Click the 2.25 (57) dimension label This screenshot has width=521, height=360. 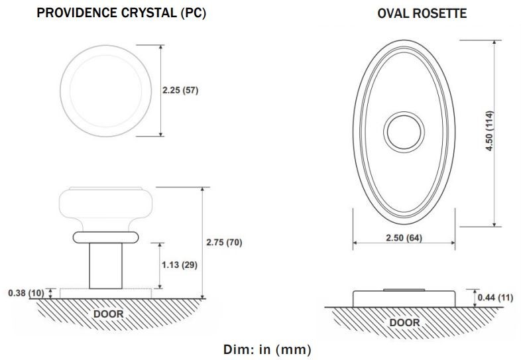point(180,90)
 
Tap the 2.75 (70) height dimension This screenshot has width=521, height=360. point(224,243)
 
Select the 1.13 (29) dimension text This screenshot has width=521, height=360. point(180,265)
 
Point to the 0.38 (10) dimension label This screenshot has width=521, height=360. point(27,293)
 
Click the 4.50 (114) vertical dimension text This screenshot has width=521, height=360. point(489,131)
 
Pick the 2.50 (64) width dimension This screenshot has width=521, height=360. point(404,237)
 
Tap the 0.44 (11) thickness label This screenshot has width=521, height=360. point(495,297)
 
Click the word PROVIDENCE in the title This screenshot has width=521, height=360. point(77,13)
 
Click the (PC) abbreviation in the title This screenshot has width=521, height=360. point(194,13)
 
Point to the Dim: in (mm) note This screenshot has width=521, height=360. point(268,349)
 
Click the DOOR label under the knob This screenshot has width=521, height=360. point(108,314)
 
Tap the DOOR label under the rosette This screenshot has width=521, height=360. point(404,322)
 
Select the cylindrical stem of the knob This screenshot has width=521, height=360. point(105,266)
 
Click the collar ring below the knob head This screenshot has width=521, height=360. point(105,237)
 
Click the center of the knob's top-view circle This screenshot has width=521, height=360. point(105,91)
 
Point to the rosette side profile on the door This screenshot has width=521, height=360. point(404,298)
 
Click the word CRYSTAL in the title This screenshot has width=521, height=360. point(149,13)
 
